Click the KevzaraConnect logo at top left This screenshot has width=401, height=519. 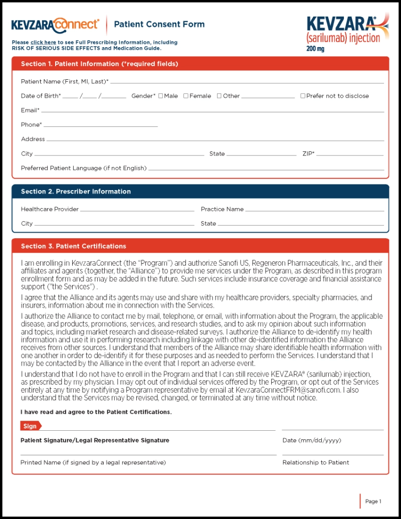[55, 24]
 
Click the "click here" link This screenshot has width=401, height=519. [43, 43]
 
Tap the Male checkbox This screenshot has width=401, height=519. [161, 96]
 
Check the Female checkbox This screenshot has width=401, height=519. [186, 96]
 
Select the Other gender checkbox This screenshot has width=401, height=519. [219, 96]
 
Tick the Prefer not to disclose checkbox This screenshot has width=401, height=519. [303, 96]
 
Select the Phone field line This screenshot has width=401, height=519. [100, 125]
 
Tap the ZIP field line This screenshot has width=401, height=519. [350, 154]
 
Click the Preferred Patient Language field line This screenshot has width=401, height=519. [266, 169]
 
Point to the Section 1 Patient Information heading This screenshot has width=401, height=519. [99, 64]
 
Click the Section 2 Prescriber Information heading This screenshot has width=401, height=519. [76, 192]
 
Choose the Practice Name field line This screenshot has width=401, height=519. [314, 210]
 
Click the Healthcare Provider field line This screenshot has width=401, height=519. [137, 210]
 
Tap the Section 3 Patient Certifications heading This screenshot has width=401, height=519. [73, 246]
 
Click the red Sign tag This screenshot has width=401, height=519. [31, 426]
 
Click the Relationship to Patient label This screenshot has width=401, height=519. [315, 462]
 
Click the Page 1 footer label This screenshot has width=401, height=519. [373, 501]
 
